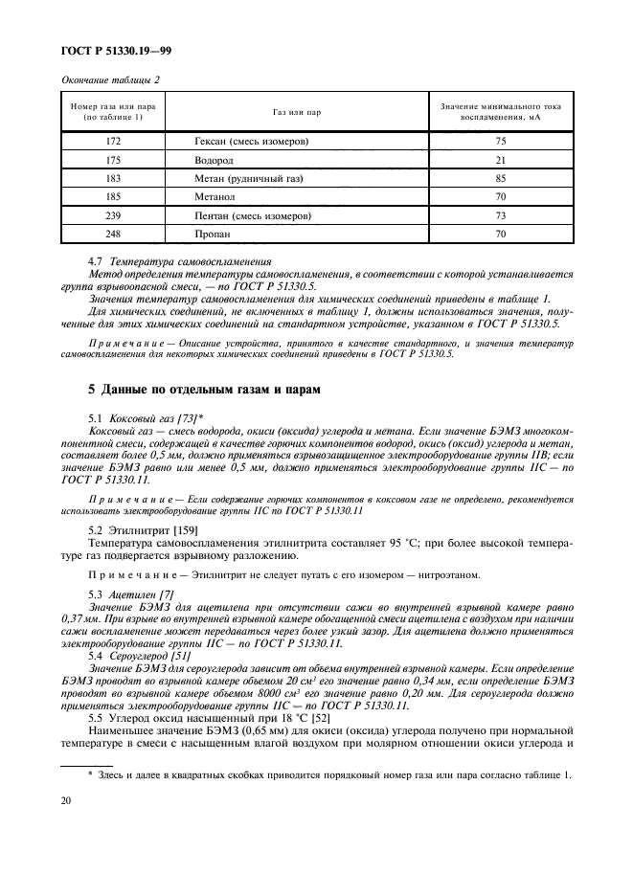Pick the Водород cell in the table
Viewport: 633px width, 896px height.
(x=214, y=159)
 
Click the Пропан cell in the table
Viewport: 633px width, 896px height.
(x=213, y=234)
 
